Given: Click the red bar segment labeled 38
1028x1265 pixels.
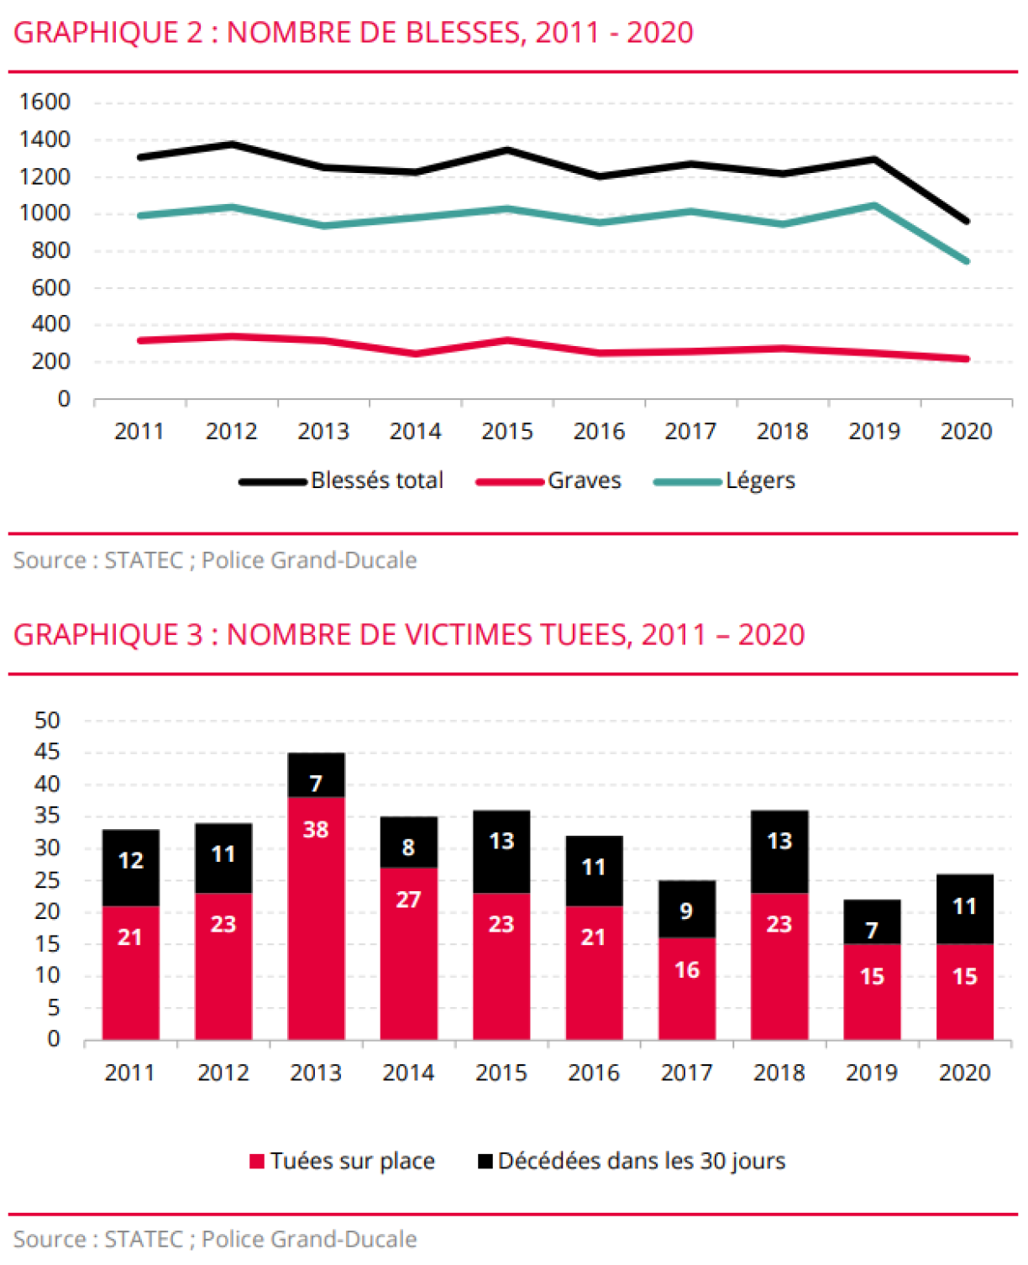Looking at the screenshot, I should click(316, 917).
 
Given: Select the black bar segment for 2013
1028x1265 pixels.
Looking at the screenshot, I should click(316, 774).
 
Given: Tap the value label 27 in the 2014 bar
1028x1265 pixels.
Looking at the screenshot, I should click(408, 900).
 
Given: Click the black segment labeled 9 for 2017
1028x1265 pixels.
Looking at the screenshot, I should click(686, 909).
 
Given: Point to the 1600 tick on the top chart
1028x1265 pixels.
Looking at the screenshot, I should click(45, 102).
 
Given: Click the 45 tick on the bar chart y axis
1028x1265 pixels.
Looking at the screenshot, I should click(47, 752).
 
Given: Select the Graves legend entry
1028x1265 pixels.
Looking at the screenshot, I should click(584, 480).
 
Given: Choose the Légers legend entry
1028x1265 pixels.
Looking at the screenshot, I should click(759, 480).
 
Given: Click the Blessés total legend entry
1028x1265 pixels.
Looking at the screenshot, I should click(376, 480).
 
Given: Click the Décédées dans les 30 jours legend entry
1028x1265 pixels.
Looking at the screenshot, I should click(640, 1161).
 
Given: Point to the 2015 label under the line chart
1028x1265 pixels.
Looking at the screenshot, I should click(506, 431).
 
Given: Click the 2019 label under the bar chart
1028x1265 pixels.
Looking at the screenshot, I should click(872, 1073).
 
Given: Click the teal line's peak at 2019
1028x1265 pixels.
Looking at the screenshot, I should click(874, 205).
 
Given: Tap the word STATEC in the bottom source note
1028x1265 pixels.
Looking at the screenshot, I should click(144, 1239).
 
